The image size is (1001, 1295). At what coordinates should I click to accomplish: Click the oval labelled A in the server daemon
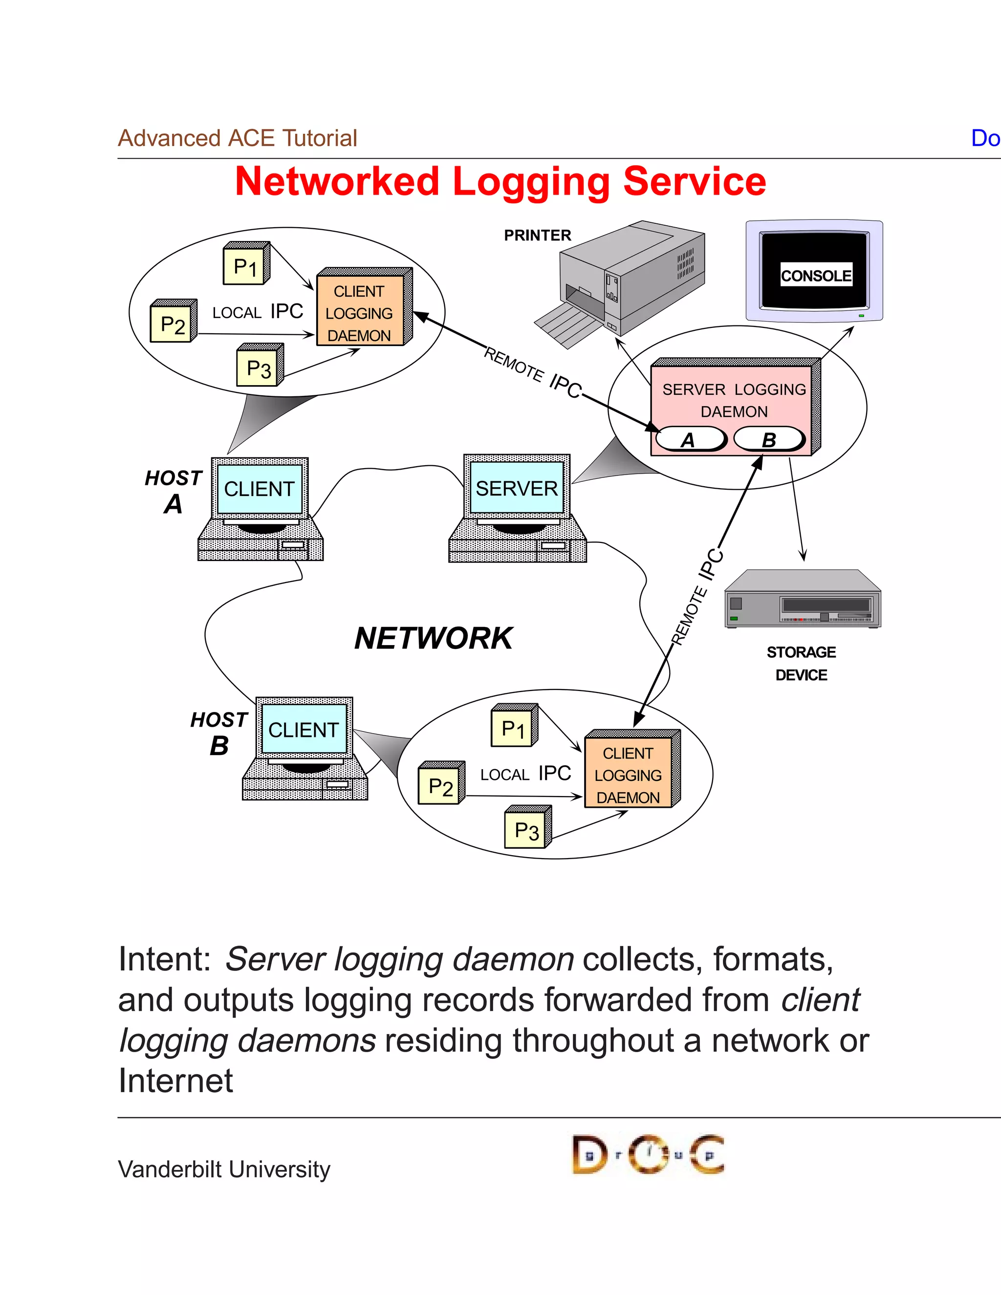click(x=689, y=439)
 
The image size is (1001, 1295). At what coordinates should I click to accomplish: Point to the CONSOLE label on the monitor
click(x=815, y=275)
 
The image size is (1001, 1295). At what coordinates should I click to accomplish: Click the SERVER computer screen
click(x=517, y=488)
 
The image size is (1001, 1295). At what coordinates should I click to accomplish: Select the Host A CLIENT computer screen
click(x=259, y=489)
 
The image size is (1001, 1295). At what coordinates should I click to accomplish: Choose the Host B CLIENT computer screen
click(x=304, y=729)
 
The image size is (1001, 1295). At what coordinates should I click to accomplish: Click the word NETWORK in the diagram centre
click(x=434, y=639)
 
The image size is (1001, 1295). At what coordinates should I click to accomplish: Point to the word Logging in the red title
click(x=531, y=183)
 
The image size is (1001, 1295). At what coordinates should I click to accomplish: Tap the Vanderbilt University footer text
click(x=224, y=1169)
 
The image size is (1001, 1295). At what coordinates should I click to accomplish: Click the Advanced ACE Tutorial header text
click(x=237, y=138)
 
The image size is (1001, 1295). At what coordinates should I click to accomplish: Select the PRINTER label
click(x=537, y=236)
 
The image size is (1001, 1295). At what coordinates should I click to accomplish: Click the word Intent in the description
click(x=164, y=959)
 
